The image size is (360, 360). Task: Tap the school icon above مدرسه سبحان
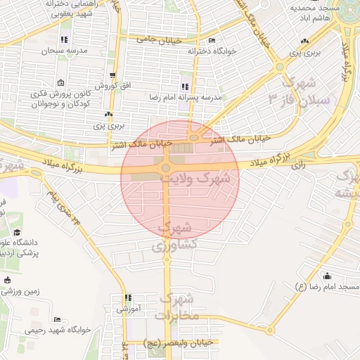coord(65,40)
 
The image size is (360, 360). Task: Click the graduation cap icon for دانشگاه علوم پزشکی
coord(17,233)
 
